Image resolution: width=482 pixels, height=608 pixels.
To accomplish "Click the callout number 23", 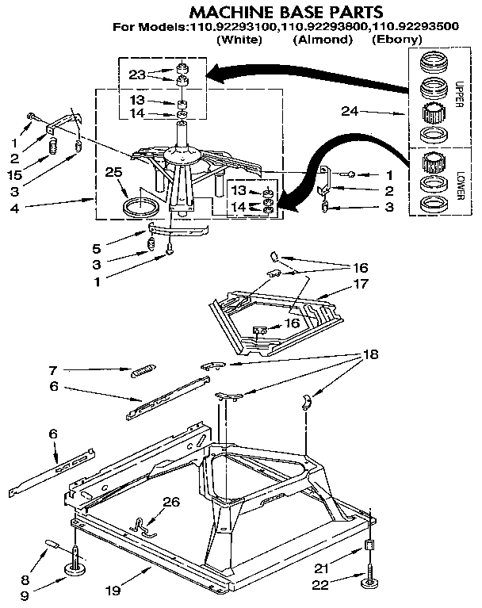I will tap(138, 75).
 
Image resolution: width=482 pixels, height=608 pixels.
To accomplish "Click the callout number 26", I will tap(170, 501).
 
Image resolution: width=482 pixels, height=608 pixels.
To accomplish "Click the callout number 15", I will tap(13, 174).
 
